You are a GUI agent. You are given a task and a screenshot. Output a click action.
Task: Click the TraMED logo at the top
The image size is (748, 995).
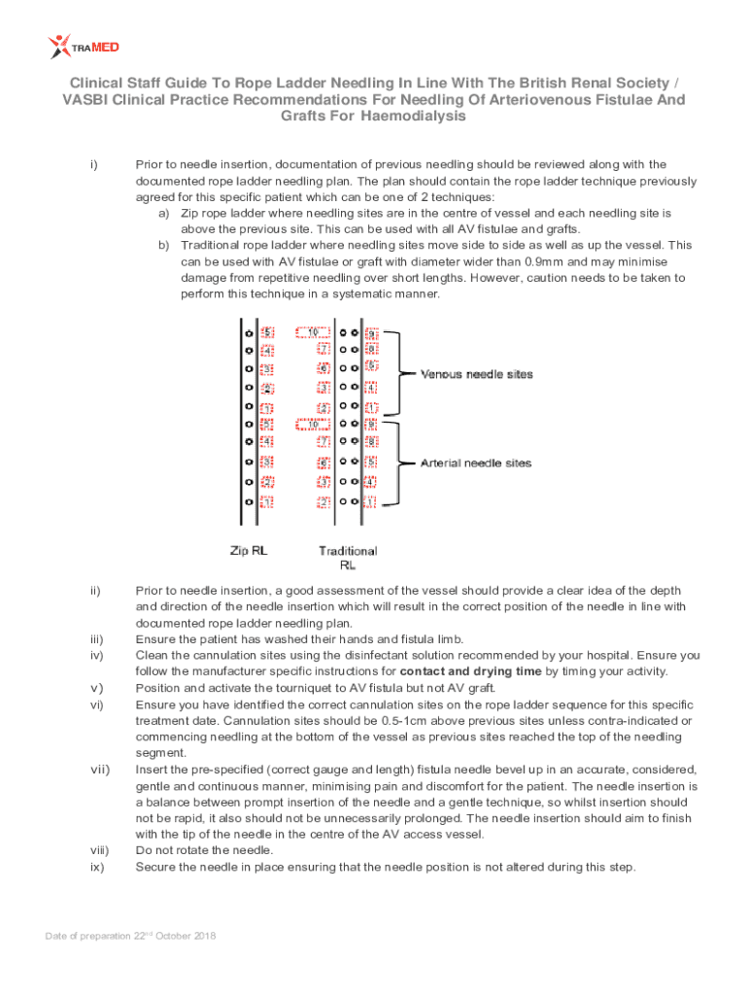(x=84, y=46)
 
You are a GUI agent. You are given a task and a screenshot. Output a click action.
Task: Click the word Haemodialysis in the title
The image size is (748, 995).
(x=412, y=117)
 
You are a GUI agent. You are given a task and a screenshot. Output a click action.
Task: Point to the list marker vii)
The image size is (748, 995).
(x=95, y=770)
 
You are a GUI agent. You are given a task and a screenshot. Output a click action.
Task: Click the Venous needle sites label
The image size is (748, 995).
(x=476, y=374)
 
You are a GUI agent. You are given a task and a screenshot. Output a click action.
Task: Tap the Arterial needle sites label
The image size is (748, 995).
(x=476, y=463)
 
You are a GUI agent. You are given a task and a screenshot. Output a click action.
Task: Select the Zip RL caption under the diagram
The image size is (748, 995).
(x=249, y=550)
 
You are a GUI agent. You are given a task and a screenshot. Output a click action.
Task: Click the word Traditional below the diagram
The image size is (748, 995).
(x=348, y=551)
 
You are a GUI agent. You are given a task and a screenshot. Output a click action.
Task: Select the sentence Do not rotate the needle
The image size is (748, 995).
(x=204, y=850)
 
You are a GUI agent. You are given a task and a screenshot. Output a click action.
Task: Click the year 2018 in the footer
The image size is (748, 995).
(x=203, y=936)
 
